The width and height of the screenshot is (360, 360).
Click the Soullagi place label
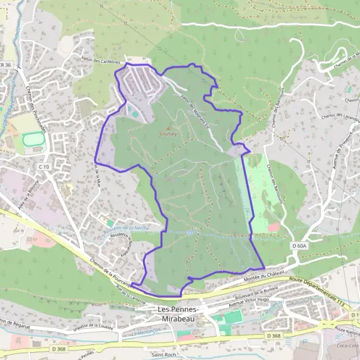(x=169, y=134)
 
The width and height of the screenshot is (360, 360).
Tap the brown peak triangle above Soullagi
(x=169, y=128)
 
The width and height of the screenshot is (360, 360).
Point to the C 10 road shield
(x=43, y=166)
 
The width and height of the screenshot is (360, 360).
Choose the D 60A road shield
(x=299, y=245)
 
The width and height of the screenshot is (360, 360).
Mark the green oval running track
(x=34, y=142)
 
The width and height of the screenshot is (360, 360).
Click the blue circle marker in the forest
(x=190, y=233)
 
